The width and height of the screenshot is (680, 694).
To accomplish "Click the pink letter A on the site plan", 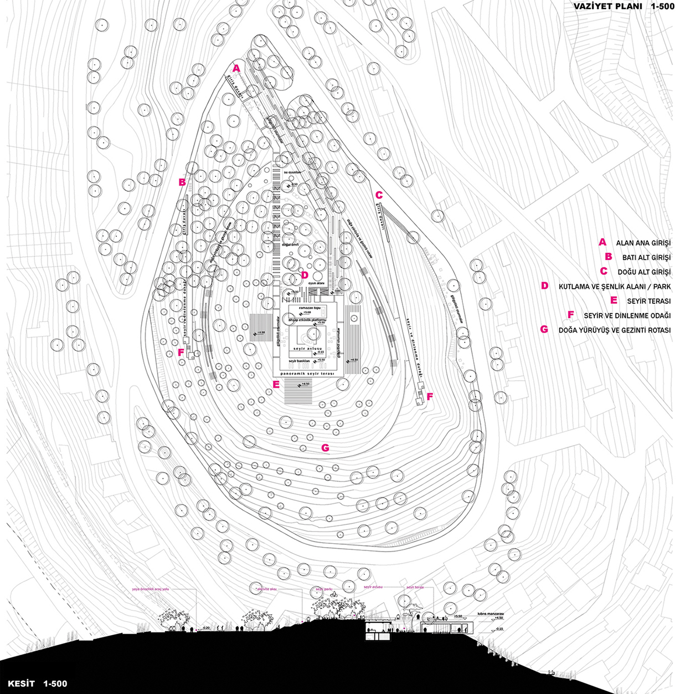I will pyautogui.click(x=236, y=69).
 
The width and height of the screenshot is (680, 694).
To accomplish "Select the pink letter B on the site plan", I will pyautogui.click(x=182, y=181).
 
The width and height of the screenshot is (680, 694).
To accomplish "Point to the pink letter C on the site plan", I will pyautogui.click(x=379, y=195).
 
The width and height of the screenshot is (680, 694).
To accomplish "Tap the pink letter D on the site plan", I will pyautogui.click(x=304, y=274).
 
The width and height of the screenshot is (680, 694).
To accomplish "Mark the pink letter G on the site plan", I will pyautogui.click(x=325, y=448).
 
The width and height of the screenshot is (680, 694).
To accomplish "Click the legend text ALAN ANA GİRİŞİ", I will pyautogui.click(x=643, y=243).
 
